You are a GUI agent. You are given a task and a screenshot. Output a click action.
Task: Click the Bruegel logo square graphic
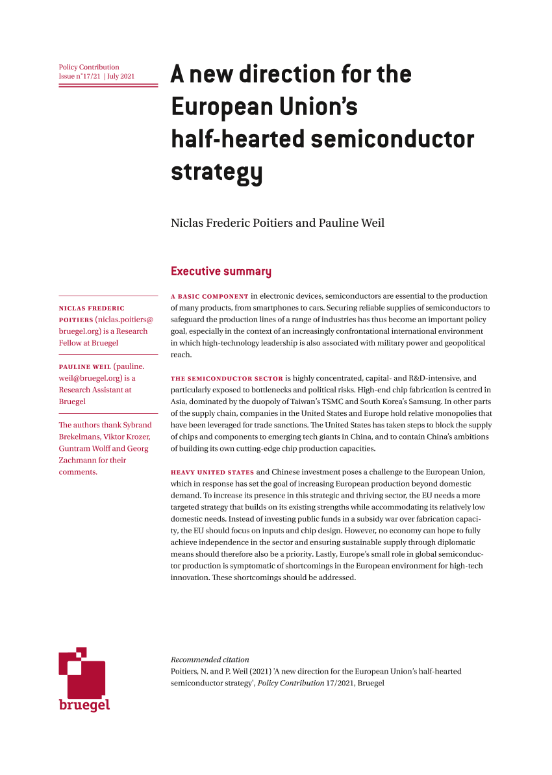pos(82,672)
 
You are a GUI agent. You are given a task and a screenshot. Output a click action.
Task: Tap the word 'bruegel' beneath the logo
pos(84,704)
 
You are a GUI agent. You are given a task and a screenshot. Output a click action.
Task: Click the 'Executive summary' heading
pos(221,272)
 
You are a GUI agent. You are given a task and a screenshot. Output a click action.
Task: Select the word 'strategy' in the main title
pos(217,173)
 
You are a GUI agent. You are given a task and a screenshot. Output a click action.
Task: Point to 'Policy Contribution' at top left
pos(89,67)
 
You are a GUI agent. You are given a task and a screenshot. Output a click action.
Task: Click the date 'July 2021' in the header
pos(121,76)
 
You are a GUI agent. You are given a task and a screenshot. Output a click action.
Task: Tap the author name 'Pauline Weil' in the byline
pos(351,223)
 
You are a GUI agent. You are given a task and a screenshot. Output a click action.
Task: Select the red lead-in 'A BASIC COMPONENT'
pos(210,296)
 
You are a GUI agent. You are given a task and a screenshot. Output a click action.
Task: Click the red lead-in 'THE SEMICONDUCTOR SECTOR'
pos(227,378)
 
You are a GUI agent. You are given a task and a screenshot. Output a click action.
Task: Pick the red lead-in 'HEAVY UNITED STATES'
pos(212,472)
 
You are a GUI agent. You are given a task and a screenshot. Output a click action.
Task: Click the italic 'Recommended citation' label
pos(210,659)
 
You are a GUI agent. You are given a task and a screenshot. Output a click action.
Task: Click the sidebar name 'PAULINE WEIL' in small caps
pos(84,366)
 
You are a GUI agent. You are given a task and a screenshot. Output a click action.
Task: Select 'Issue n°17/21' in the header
pos(79,76)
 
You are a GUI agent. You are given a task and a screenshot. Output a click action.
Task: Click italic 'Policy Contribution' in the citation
pos(291,683)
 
